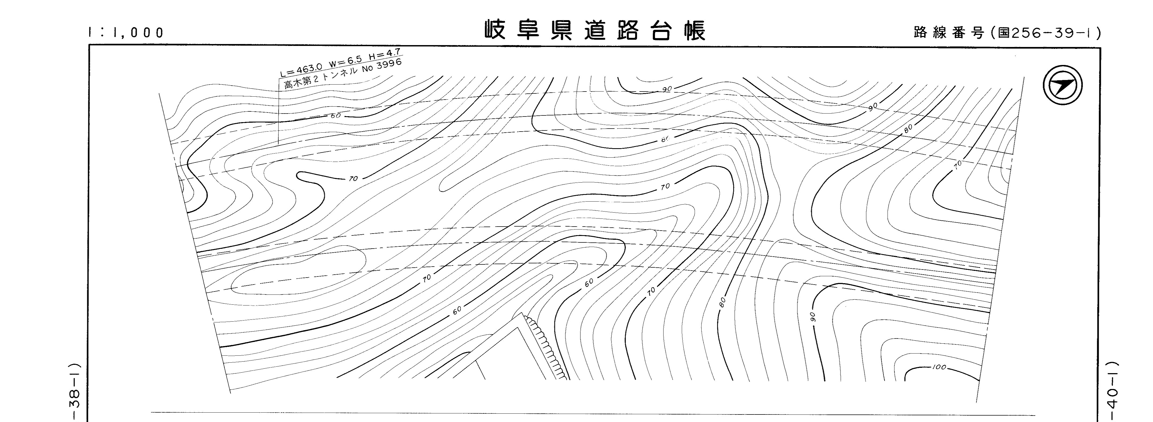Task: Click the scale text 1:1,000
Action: click(x=126, y=33)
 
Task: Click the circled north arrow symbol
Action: click(x=1063, y=85)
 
